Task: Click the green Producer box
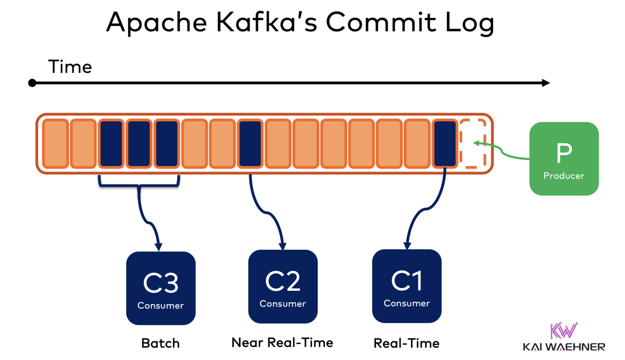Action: point(564,159)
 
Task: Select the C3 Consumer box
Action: point(161,288)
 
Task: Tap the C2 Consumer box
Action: point(283,286)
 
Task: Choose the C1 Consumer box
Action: point(406,286)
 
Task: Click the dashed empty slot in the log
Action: point(472,143)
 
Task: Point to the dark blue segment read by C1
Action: point(445,144)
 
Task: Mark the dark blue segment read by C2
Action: point(250,144)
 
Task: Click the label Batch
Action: point(160,343)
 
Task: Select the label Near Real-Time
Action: point(282,343)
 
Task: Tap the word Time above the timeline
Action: point(70,67)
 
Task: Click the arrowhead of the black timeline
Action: point(546,83)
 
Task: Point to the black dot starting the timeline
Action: point(32,83)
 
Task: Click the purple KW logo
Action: point(564,330)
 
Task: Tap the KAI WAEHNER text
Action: point(564,347)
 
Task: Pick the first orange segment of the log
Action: point(55,144)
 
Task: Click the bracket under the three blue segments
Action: point(139,185)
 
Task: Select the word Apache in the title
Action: point(157,23)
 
